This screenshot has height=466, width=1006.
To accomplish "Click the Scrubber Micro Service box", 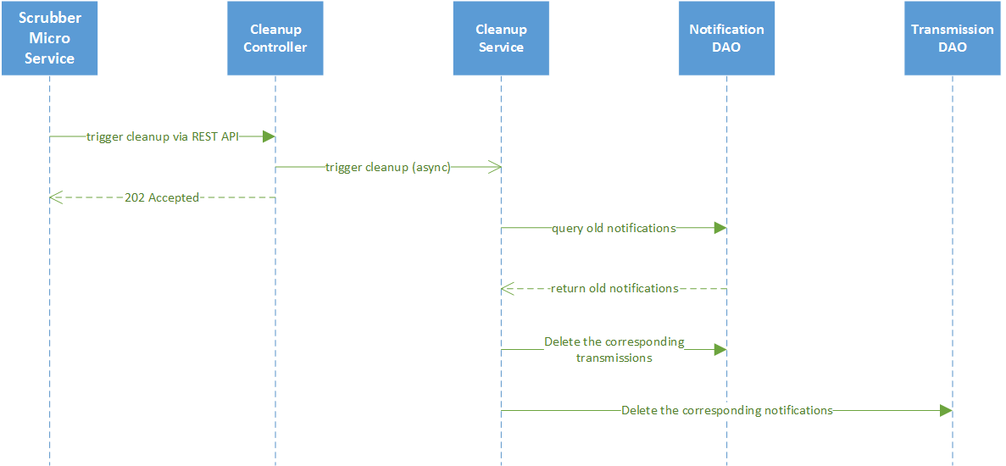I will point(49,38).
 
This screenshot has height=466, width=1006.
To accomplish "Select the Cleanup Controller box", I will point(275,38).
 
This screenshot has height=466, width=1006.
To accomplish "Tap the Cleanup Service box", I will point(501,38).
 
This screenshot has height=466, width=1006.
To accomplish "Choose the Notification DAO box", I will point(726,38).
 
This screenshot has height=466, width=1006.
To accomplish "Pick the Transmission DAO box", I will point(952,38).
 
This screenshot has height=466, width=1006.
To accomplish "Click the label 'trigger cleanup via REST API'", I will point(162,136).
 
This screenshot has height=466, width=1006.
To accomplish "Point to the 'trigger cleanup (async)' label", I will point(387,167).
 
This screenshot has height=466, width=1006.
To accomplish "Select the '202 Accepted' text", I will point(161,197).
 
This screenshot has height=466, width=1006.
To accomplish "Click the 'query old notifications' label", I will point(614,228).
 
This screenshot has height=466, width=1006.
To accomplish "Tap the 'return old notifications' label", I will point(614,288).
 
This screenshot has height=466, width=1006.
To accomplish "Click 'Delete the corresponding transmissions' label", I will point(614,350).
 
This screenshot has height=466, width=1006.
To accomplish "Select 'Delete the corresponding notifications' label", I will point(726,410).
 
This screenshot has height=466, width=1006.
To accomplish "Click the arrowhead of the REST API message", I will point(269,136).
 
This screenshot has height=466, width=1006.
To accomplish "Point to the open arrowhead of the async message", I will point(495,167).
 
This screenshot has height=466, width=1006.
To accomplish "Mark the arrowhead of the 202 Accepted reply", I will point(55,197).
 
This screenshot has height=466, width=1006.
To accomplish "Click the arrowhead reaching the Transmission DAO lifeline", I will point(946,410).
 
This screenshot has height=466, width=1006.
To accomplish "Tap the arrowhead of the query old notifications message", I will point(720,228).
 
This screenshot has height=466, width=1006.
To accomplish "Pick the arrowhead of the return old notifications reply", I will point(507,288).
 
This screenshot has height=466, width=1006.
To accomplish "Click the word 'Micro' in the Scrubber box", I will point(49,38).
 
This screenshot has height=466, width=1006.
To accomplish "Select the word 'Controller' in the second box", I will point(275,47).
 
